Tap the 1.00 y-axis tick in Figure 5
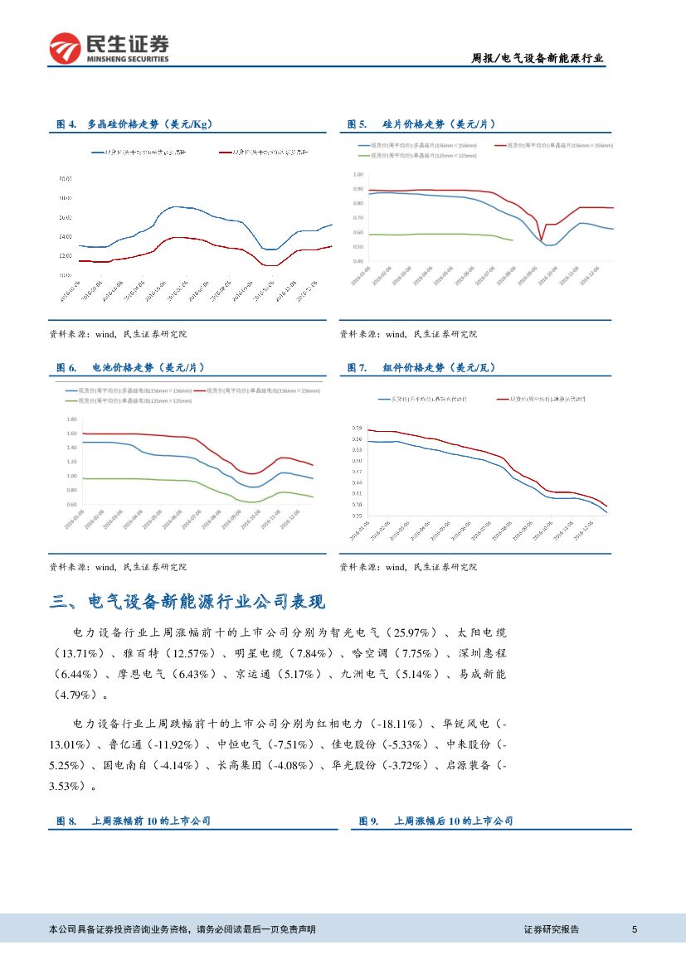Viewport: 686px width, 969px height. (x=358, y=175)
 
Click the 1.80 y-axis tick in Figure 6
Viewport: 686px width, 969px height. (x=71, y=419)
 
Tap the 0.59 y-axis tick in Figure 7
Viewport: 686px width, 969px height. (x=358, y=428)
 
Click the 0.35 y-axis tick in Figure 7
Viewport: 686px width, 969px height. (x=358, y=516)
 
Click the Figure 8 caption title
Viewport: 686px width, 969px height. (x=134, y=821)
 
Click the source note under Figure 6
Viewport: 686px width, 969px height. (x=119, y=567)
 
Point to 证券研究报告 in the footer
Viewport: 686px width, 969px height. (x=552, y=929)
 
